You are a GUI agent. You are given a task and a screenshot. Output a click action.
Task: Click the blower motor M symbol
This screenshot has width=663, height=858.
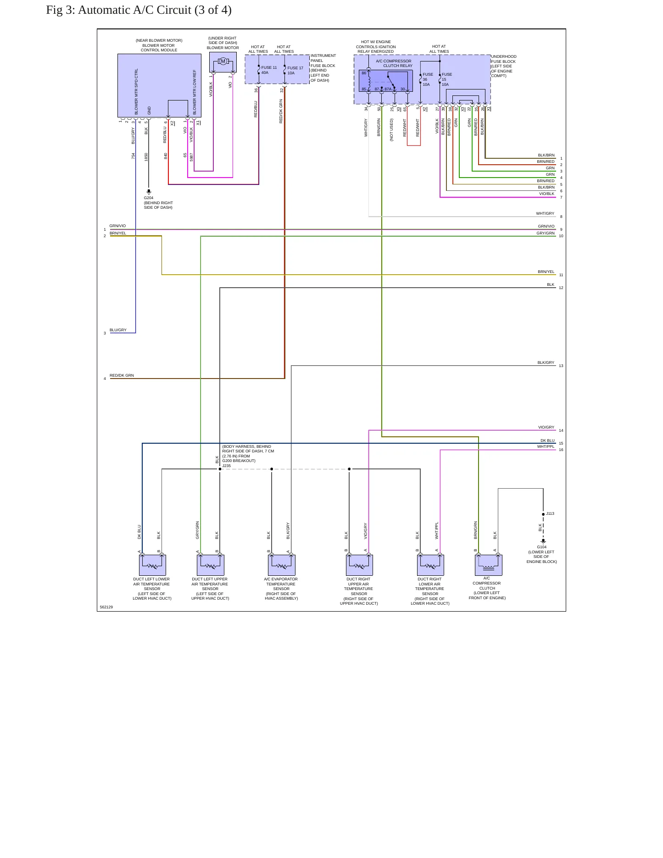coord(223,61)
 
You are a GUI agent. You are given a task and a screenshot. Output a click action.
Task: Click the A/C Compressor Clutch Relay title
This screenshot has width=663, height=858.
coord(394,63)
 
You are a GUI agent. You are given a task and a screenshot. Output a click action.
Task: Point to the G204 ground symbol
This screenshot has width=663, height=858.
coord(149,191)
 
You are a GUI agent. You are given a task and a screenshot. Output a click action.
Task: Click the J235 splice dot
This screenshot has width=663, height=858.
coord(220,469)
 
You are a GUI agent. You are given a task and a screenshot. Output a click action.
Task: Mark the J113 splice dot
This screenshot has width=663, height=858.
coord(543,514)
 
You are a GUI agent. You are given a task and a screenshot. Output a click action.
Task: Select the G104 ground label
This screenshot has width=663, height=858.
coord(542,547)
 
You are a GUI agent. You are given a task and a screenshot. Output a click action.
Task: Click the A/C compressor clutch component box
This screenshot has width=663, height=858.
coord(489,565)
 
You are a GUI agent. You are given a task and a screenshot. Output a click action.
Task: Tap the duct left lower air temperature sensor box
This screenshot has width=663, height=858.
coord(152,565)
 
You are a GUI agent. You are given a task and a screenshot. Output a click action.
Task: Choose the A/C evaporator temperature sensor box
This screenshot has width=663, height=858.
coord(282,565)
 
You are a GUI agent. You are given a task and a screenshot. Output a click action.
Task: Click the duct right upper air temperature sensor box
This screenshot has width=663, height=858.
coord(359,565)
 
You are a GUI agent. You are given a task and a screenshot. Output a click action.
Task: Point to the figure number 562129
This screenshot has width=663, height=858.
coord(106,607)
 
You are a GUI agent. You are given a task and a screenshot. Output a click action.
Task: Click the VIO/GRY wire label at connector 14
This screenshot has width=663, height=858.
coord(546,428)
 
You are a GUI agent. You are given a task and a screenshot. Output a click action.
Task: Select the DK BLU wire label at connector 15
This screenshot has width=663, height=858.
coord(547,440)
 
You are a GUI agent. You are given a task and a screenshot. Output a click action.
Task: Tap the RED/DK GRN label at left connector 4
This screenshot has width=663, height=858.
coord(122,375)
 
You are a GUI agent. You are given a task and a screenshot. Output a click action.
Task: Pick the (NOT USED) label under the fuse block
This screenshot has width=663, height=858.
coord(391,130)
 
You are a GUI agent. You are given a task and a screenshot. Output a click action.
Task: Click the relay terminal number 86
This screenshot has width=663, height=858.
coord(364,73)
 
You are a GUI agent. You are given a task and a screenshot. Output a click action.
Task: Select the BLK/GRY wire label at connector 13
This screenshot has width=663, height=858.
coord(546,362)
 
